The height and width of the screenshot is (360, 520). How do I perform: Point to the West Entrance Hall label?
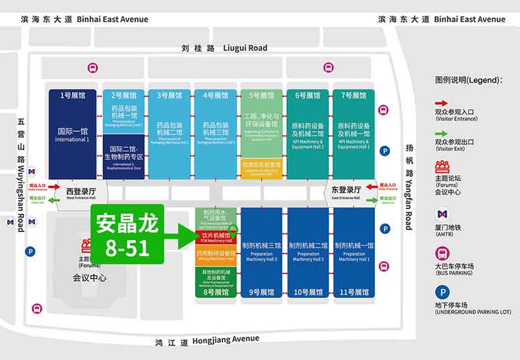[x=81, y=192]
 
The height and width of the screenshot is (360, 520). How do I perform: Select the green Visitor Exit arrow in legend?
[x=441, y=135]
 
